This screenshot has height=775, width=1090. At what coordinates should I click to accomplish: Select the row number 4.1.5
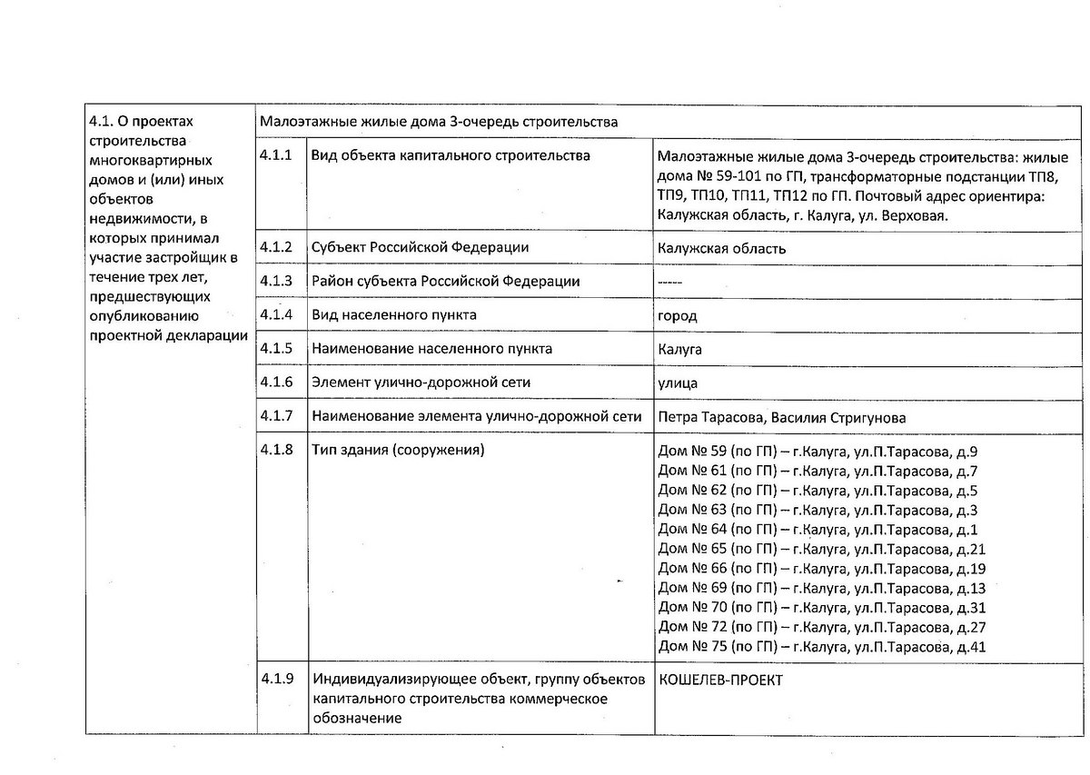(275, 349)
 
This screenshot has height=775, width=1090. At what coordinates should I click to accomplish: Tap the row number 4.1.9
(275, 680)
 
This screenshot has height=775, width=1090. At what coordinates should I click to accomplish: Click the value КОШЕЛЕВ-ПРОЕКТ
(720, 681)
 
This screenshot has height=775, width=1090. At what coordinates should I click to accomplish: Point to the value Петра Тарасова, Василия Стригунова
(781, 417)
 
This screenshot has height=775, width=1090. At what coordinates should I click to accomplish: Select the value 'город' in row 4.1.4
(677, 315)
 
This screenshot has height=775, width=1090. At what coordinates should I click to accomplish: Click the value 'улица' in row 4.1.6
(678, 383)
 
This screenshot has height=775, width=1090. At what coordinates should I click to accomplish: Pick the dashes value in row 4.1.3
(669, 282)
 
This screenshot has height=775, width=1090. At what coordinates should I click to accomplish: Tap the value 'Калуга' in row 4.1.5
(679, 349)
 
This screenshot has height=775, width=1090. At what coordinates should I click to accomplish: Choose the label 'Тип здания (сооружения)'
(398, 451)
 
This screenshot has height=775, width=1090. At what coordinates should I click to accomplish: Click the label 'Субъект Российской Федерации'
(420, 248)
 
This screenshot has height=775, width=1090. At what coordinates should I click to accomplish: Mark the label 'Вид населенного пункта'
(393, 315)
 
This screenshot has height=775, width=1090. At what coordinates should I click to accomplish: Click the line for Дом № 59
(817, 452)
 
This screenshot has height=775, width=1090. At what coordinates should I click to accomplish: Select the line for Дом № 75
(821, 647)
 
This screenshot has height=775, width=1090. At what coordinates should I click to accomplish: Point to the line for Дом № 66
(821, 569)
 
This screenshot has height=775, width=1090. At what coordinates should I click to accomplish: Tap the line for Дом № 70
(821, 608)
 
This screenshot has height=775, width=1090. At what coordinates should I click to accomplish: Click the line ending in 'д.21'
(821, 549)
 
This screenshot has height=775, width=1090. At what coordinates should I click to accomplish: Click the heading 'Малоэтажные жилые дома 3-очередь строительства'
(438, 122)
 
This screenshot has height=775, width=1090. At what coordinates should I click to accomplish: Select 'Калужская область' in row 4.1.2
(721, 249)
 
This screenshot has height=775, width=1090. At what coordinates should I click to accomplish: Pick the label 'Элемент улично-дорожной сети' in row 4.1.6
(421, 383)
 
